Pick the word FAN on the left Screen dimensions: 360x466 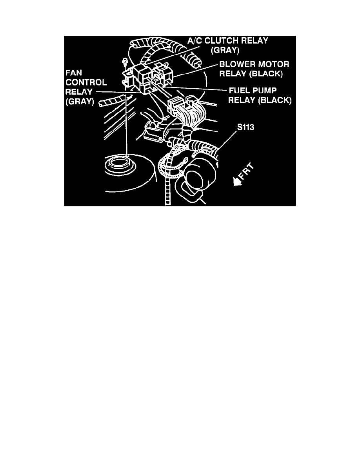pyautogui.click(x=74, y=73)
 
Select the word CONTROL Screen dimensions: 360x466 pyautogui.click(x=86, y=82)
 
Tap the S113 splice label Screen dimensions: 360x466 pyautogui.click(x=245, y=127)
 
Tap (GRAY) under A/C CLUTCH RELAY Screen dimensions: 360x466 pyautogui.click(x=225, y=50)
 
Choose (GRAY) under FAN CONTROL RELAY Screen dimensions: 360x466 pyautogui.click(x=80, y=102)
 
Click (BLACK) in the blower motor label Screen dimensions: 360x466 pyautogui.click(x=266, y=74)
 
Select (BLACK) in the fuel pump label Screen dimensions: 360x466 pyautogui.click(x=275, y=100)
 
